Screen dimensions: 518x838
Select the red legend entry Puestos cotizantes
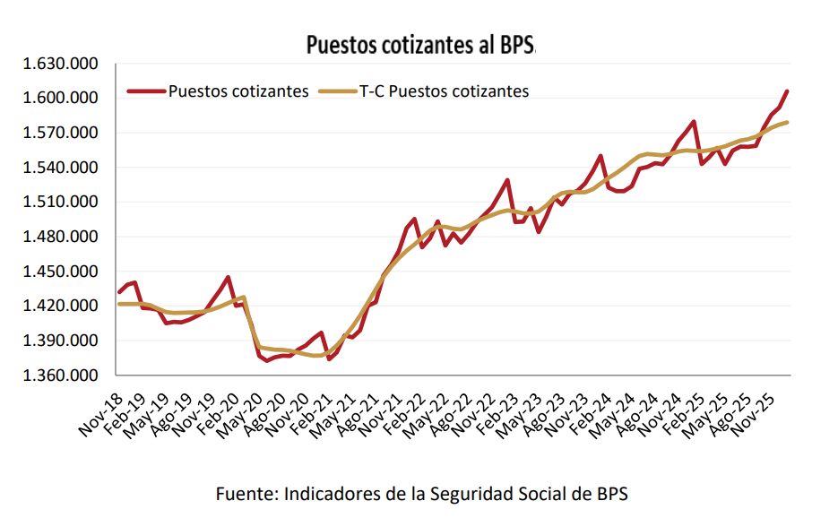click(238, 91)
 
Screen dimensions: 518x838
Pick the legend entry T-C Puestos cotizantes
click(444, 91)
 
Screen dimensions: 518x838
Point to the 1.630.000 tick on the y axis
click(61, 65)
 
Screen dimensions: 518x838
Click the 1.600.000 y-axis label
click(61, 99)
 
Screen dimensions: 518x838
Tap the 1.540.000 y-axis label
click(61, 168)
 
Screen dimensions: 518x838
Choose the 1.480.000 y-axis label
click(61, 237)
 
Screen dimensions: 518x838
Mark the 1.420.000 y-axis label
click(61, 306)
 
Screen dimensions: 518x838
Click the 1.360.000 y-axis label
click(61, 376)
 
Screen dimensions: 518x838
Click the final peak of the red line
click(786, 91)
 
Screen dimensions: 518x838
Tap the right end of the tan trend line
click(786, 123)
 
